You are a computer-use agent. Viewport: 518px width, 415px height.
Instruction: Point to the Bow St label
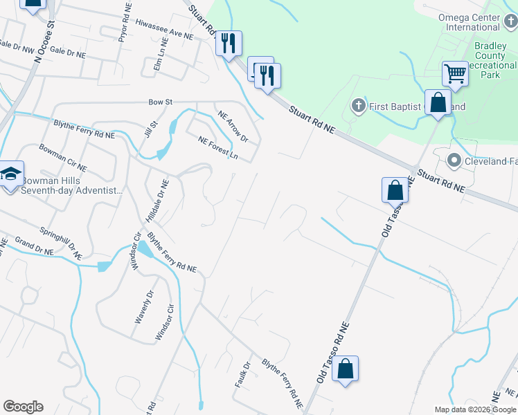coord(160,102)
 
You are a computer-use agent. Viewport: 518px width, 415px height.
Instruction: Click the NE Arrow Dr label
coord(233,127)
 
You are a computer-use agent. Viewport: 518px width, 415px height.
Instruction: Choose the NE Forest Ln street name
coord(217,147)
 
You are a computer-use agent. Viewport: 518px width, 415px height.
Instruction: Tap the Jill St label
coord(147,129)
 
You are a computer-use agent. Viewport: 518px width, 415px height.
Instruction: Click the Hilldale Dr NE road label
coord(156,201)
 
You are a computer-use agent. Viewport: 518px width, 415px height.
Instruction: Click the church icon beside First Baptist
coord(358,106)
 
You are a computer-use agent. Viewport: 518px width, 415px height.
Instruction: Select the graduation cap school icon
coord(11,174)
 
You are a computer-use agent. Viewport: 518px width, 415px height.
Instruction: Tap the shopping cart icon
coord(455,73)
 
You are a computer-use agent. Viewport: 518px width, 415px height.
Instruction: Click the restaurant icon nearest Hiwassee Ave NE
coord(228,44)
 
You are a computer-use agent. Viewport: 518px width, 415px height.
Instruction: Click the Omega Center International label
coord(469,22)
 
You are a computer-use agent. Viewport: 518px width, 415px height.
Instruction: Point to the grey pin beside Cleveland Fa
coord(454,161)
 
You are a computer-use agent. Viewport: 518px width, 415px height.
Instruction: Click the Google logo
coord(23,407)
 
